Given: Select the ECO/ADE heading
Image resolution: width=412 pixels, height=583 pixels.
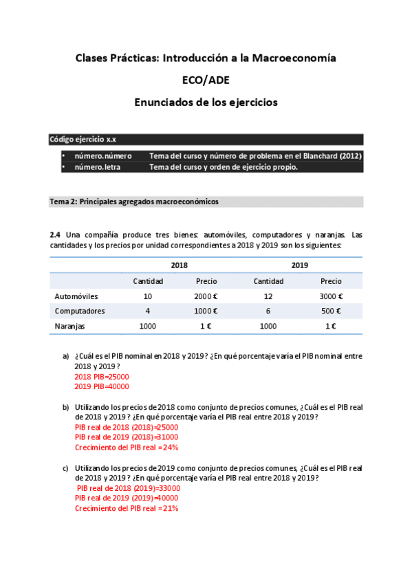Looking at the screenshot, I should pos(206,80).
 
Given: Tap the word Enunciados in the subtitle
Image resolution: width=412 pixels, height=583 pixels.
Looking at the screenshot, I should pos(166,102).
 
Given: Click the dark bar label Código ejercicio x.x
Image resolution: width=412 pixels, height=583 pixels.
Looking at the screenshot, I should pos(83,139).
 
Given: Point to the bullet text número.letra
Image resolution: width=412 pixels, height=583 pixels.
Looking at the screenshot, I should pos(102,167).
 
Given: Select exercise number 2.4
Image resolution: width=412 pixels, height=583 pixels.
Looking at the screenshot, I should pos(55,234).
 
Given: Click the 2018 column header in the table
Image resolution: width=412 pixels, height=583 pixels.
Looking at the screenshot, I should pos(179,265).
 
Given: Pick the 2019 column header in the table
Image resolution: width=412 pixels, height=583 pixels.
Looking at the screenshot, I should pos(299,265).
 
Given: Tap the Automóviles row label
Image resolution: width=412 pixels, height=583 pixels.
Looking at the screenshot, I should pos(76,296).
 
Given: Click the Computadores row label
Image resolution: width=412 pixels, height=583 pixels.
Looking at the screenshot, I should pos(79,311).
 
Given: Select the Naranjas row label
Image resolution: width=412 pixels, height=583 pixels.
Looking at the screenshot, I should pos(70,327).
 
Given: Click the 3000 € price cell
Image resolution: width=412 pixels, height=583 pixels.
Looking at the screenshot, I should pos(331,296).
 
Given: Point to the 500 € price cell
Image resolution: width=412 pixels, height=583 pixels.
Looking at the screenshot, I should pos(331,311).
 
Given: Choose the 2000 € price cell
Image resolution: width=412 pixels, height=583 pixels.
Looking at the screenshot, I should pos(206,296).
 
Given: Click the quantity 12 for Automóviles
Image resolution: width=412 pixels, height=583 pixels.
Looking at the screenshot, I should pos(268,296).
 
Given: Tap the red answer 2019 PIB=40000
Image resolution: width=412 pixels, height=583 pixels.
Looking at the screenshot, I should pos(102,386).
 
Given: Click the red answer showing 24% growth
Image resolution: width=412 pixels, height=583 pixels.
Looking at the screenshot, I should pos(127,447).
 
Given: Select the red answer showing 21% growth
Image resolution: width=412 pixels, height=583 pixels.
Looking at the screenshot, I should pos(127,508).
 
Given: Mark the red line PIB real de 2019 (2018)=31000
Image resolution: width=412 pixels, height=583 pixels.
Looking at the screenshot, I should pos(127,437).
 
